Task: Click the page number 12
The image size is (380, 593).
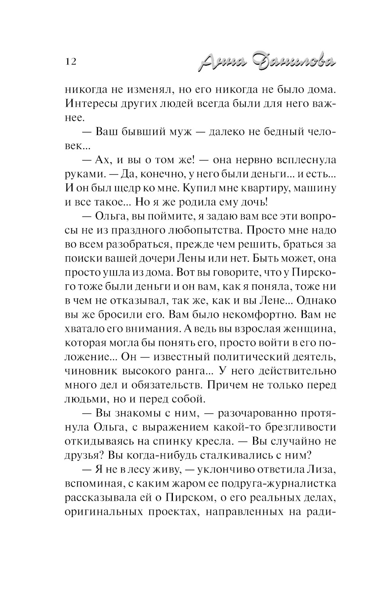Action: pos(71,61)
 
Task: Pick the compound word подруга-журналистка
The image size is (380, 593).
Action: pos(275,483)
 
